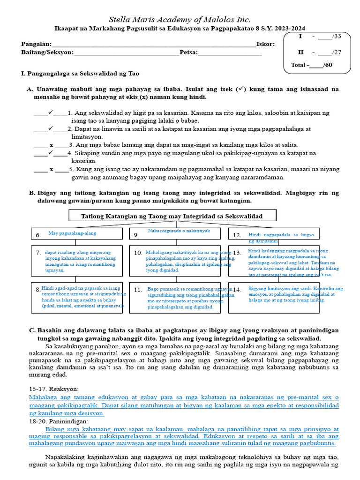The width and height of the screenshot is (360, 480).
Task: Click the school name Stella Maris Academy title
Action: pos(180,20)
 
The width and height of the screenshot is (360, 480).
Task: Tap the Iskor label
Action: pos(265,44)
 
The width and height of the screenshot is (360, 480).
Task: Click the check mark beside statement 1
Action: pos(51,112)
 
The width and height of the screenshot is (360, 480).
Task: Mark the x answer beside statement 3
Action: pos(51,145)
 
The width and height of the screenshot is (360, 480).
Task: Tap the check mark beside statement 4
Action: pos(51,152)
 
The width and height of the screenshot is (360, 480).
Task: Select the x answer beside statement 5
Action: pos(51,169)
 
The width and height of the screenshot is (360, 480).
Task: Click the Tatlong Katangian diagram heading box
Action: pos(172,216)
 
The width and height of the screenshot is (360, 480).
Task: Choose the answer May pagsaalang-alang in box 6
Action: pos(72,233)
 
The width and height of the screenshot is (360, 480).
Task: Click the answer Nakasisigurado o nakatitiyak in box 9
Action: pos(179,231)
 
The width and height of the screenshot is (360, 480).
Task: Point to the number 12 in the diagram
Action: pos(237,235)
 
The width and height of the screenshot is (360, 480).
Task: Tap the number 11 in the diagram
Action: pos(138,290)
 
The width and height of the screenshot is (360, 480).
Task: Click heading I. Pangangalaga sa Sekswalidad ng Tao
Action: pos(80,74)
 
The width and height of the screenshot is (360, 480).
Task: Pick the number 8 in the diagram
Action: pos(37,290)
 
